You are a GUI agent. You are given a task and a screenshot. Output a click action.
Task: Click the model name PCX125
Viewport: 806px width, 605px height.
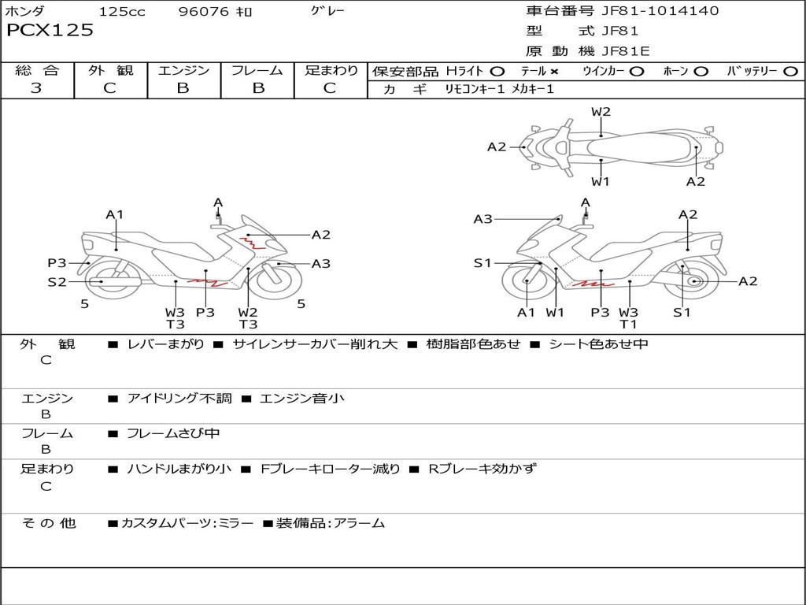pos(50,31)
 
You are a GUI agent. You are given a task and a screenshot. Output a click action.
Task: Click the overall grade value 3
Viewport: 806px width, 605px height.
pos(36,88)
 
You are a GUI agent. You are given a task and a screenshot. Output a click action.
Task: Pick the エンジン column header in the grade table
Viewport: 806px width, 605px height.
pos(183,70)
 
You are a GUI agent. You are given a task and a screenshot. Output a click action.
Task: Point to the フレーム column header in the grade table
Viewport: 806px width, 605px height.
pos(257,70)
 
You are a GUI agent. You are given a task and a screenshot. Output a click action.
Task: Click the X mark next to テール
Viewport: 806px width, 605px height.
pos(554,71)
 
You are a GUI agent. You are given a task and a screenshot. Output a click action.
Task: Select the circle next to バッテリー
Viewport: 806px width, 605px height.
pos(789,71)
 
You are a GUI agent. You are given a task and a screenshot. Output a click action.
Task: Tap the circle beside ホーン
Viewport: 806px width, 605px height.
pos(701,71)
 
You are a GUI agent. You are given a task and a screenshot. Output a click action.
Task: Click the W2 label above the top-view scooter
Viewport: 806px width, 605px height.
pos(601,112)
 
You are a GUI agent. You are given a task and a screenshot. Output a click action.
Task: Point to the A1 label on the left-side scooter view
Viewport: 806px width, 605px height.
pos(115,214)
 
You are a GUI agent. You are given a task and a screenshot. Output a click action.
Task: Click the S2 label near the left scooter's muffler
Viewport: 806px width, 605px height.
pos(57,281)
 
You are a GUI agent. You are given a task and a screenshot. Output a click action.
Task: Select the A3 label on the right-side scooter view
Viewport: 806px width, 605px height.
pos(482,219)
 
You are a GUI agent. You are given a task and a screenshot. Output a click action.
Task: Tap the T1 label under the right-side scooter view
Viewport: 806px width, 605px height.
pos(628,324)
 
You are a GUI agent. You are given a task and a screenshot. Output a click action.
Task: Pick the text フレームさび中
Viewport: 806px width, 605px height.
pos(173,433)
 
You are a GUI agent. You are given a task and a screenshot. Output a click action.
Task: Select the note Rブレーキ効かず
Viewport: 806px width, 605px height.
pos(482,469)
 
